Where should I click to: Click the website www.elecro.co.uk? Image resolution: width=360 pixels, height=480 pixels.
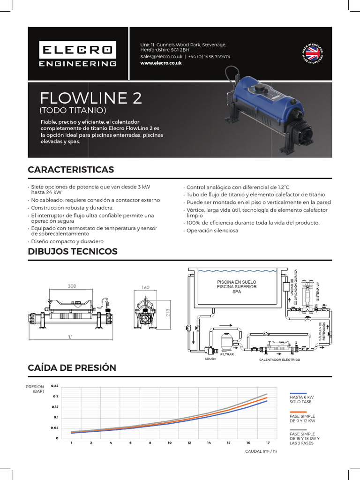pyautogui.click(x=161, y=63)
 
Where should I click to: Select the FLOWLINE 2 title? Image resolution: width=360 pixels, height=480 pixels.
pyautogui.click(x=91, y=98)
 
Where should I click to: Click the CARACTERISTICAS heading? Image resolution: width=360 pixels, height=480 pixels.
pyautogui.click(x=71, y=169)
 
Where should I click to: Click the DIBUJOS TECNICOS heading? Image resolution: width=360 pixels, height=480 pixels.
pyautogui.click(x=73, y=251)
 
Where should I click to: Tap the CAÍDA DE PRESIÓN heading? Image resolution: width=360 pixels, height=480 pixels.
pyautogui.click(x=72, y=368)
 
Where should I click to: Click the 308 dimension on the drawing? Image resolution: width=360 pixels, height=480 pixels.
pyautogui.click(x=72, y=285)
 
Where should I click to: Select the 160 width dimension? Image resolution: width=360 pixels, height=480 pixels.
pyautogui.click(x=145, y=288)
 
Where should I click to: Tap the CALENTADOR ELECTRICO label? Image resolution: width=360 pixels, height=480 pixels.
pyautogui.click(x=280, y=360)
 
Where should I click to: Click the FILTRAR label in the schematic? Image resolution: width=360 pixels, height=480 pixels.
pyautogui.click(x=227, y=354)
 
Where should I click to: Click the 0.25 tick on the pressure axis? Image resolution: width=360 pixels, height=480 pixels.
pyautogui.click(x=55, y=386)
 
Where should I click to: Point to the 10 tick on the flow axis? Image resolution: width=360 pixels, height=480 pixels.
pyautogui.click(x=169, y=442)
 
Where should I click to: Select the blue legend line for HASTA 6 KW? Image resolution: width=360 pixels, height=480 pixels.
pyautogui.click(x=298, y=393)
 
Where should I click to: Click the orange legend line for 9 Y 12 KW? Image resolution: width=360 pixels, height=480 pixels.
pyautogui.click(x=298, y=412)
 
